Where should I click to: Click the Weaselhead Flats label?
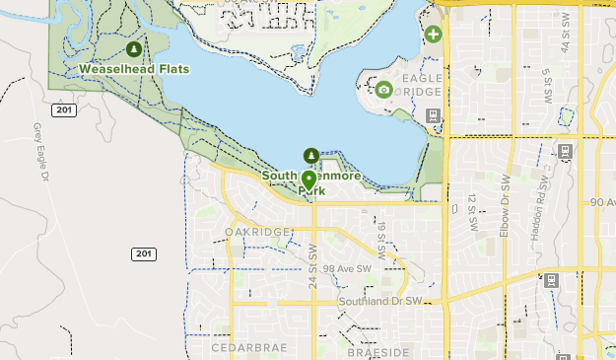(134, 69)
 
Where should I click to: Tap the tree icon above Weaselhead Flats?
(134, 48)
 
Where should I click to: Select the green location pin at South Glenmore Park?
(309, 180)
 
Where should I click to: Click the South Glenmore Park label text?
(311, 182)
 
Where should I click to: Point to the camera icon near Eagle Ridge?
(383, 90)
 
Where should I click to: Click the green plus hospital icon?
(433, 35)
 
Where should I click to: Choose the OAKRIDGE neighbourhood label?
(257, 232)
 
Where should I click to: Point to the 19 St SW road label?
(380, 236)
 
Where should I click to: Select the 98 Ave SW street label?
(347, 269)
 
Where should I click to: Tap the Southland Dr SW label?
(379, 301)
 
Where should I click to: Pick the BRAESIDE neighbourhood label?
(378, 352)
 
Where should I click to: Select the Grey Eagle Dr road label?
(40, 153)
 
